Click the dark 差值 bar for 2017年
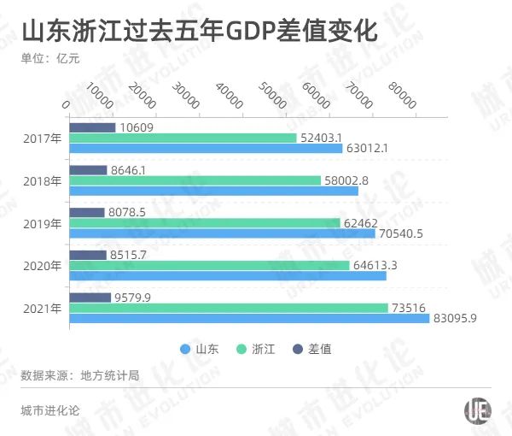point(92,127)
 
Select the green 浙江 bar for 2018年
point(195,180)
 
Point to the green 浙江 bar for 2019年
point(204,223)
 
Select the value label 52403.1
point(322,138)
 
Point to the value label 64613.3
point(376,265)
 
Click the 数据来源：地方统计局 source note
point(79,374)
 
